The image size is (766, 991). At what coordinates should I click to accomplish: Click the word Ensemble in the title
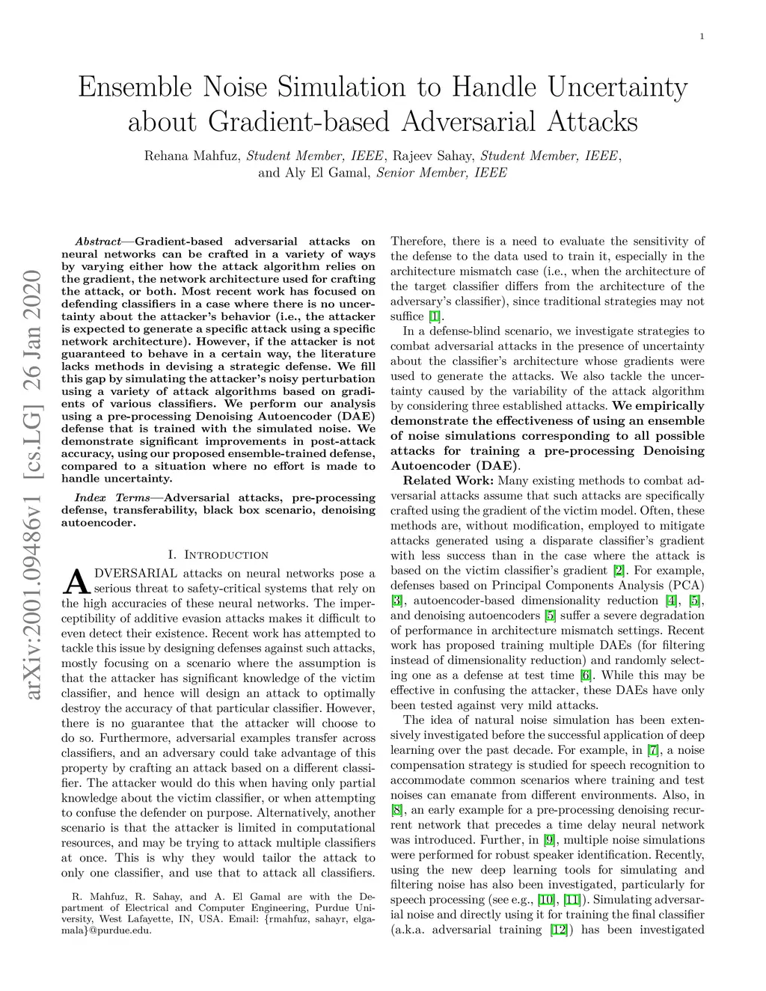[x=135, y=88]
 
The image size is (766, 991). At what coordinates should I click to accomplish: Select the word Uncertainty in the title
[x=617, y=88]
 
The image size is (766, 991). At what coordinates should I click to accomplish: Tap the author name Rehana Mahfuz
[x=191, y=156]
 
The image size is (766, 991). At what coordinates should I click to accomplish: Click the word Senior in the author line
[x=396, y=173]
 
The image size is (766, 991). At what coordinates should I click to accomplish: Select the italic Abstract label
[x=98, y=242]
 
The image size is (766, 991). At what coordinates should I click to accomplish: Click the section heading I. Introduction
[x=218, y=555]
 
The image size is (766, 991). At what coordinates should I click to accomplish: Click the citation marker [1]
[x=435, y=316]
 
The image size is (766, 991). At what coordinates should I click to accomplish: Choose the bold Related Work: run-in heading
[x=449, y=481]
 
